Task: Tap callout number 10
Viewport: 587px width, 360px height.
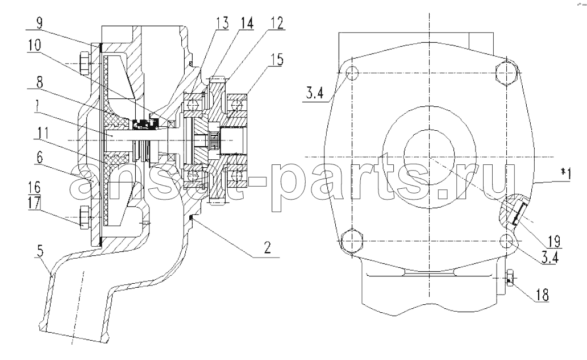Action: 35,46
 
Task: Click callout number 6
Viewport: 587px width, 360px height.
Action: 39,158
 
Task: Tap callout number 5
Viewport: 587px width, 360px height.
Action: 40,251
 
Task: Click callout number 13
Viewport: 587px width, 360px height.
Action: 222,23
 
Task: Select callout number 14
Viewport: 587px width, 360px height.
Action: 247,23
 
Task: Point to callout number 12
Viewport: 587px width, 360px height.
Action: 277,23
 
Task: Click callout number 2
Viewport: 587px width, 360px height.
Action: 267,247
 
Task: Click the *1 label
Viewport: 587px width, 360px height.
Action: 565,174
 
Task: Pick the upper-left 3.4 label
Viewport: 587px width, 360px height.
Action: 314,92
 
